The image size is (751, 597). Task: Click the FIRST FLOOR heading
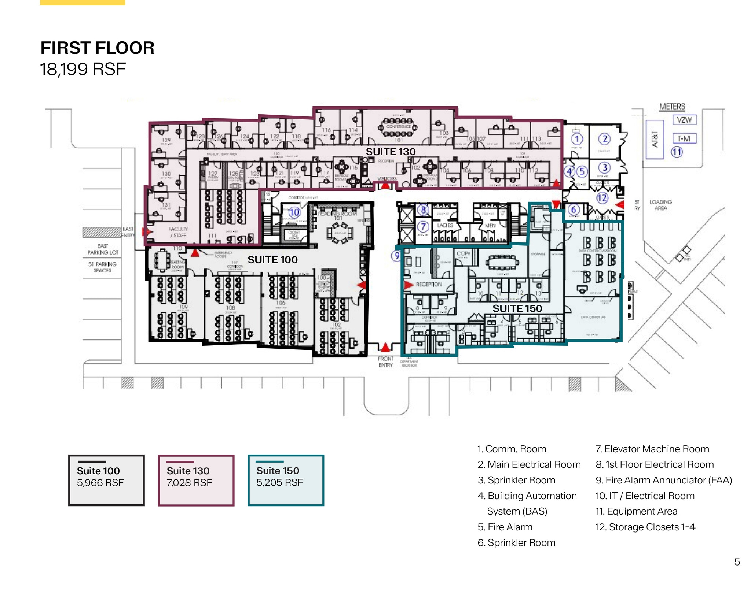point(97,48)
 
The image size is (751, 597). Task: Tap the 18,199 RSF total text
point(83,69)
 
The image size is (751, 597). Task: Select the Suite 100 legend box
point(106,480)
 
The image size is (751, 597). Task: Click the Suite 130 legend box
point(196,480)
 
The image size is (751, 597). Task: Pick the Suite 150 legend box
point(286,480)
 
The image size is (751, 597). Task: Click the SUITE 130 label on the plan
point(391,152)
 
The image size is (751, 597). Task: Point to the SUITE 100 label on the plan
point(272,260)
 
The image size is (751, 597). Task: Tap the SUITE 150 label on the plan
point(517,308)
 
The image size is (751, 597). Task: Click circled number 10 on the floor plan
point(294,212)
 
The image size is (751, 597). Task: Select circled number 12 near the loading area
point(602,198)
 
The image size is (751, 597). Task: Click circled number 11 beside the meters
point(677,152)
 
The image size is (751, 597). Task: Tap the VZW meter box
point(684,120)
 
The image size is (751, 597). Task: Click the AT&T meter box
point(655,139)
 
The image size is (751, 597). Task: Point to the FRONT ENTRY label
point(385,361)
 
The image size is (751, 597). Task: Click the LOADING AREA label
point(660,205)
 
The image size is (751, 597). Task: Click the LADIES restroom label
point(445,225)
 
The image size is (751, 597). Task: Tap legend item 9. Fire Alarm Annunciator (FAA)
point(664,480)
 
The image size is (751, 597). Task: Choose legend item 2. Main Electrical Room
point(529,464)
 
